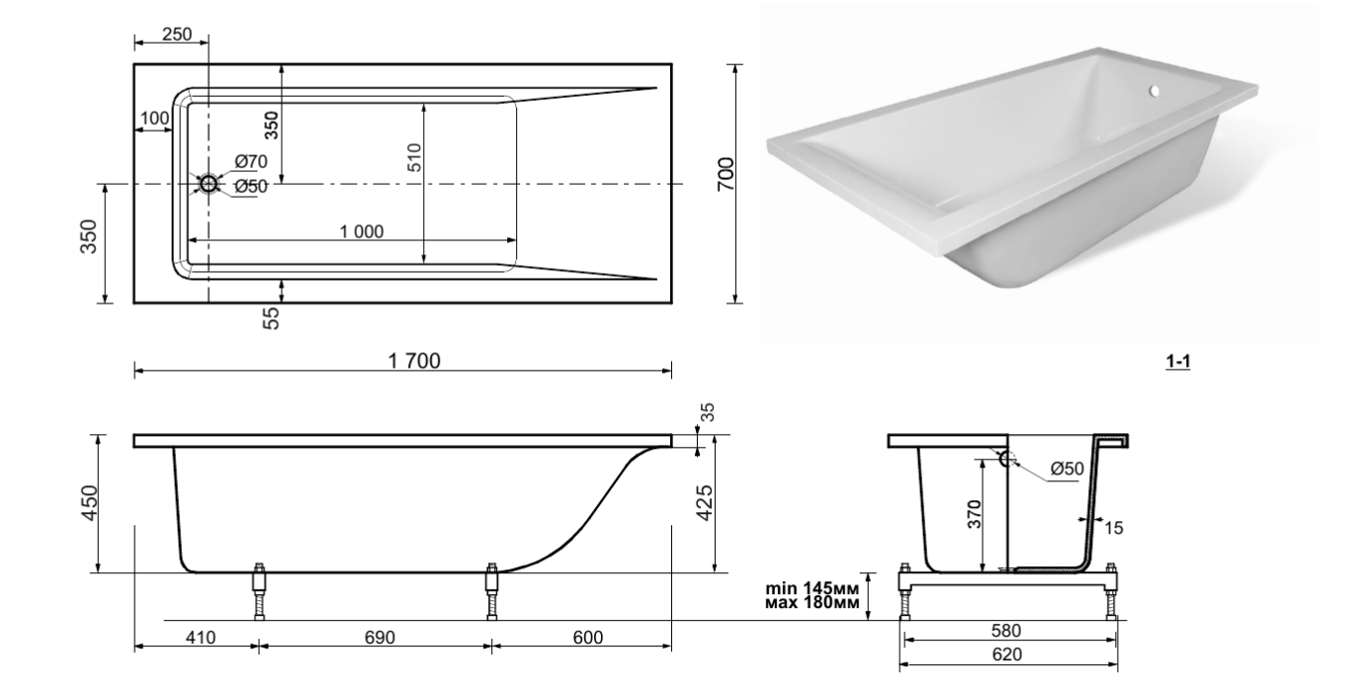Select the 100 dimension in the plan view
pyautogui.click(x=153, y=119)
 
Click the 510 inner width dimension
pyautogui.click(x=414, y=163)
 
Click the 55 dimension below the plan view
pyautogui.click(x=272, y=316)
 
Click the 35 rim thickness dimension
pyautogui.click(x=705, y=412)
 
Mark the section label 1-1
pyautogui.click(x=1177, y=363)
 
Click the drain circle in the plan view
pyautogui.click(x=209, y=184)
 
